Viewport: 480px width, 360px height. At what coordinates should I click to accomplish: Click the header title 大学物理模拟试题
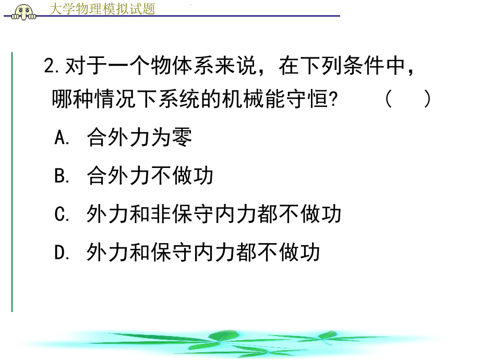pyautogui.click(x=102, y=8)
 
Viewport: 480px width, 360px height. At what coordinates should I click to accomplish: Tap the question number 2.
pyautogui.click(x=50, y=67)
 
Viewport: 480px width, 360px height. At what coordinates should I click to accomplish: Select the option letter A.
pyautogui.click(x=59, y=138)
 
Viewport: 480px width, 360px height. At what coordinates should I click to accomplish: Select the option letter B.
pyautogui.click(x=59, y=176)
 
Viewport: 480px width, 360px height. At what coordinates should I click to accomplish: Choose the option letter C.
pyautogui.click(x=59, y=214)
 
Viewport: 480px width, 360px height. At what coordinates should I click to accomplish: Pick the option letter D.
pyautogui.click(x=59, y=253)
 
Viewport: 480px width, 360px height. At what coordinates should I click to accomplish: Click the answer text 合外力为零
pyautogui.click(x=140, y=138)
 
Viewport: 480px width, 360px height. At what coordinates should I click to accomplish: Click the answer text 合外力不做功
pyautogui.click(x=150, y=176)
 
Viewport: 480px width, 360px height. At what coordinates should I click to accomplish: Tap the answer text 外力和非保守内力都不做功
pyautogui.click(x=214, y=214)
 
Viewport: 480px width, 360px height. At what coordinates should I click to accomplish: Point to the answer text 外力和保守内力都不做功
pyautogui.click(x=203, y=253)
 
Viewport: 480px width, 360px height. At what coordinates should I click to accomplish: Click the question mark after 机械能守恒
pyautogui.click(x=332, y=99)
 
